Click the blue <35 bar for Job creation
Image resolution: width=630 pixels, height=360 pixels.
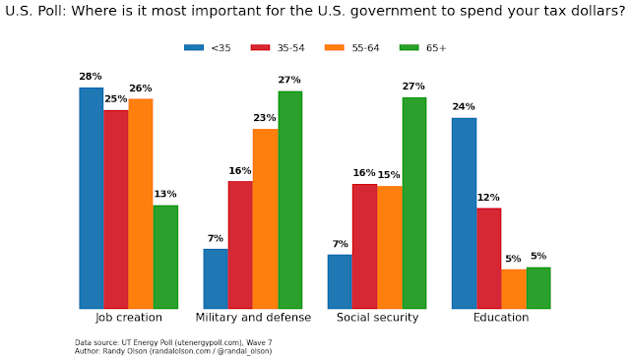pos(92,198)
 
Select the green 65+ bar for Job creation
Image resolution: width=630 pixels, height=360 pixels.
pos(165,257)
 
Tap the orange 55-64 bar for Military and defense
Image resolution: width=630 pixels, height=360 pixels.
pos(265,218)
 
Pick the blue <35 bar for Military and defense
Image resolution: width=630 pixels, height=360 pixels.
pos(216,278)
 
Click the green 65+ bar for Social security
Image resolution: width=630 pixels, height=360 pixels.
pos(413,203)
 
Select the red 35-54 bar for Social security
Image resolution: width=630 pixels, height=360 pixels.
pos(364,246)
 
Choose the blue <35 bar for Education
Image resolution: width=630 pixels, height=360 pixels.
pos(464,213)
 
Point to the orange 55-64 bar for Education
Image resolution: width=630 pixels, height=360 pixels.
pos(513,289)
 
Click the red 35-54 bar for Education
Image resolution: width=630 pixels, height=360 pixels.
pos(488,258)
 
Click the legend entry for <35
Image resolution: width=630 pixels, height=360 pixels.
pos(204,47)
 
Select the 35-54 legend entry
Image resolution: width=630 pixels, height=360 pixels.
pos(275,47)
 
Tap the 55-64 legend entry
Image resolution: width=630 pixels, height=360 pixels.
pos(349,47)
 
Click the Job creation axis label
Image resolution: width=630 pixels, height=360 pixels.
pos(128,318)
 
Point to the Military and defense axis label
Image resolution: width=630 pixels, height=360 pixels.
pos(253,318)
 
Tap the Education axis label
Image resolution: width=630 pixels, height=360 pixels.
pos(501,318)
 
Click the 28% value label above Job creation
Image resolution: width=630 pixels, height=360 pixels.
pos(92,77)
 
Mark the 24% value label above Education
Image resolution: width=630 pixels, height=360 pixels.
pos(464,107)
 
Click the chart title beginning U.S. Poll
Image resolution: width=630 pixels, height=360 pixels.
pos(314,13)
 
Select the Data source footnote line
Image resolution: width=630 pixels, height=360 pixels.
pos(173,342)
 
